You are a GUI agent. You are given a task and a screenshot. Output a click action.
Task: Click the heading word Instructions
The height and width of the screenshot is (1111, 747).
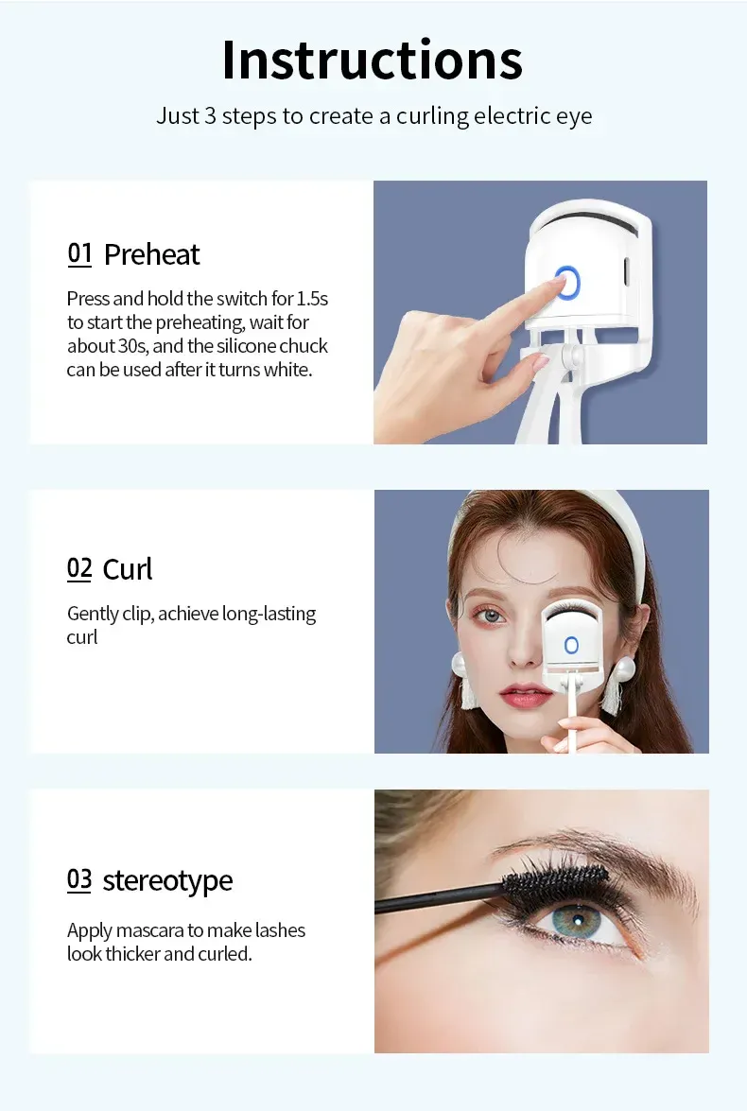click(373, 61)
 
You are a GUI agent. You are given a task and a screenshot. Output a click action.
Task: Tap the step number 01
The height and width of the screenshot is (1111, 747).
click(79, 253)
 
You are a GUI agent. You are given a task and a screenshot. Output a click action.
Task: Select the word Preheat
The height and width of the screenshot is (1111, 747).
click(151, 254)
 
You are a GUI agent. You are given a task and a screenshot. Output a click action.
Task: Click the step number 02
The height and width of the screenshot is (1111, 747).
click(79, 569)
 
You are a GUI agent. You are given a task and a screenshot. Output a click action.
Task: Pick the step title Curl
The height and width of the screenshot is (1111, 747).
click(128, 569)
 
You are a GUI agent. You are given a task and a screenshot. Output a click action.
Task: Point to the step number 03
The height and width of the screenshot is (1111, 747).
click(79, 880)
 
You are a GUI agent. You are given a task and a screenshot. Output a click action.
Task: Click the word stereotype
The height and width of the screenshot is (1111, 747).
click(168, 881)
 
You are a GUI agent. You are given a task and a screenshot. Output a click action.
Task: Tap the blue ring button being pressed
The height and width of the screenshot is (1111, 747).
click(567, 283)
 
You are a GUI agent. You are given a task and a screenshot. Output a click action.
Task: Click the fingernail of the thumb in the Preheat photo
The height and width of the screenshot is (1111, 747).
click(541, 363)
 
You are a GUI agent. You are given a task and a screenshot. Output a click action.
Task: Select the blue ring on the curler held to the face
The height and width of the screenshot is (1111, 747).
click(571, 645)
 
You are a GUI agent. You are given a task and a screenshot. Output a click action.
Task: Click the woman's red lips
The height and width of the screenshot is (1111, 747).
click(525, 695)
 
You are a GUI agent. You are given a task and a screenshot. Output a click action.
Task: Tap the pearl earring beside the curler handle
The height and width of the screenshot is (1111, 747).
click(626, 668)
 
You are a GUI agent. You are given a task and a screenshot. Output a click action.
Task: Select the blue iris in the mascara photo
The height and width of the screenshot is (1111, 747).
click(576, 920)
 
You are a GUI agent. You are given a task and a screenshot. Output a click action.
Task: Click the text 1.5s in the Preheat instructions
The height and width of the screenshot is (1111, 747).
click(312, 298)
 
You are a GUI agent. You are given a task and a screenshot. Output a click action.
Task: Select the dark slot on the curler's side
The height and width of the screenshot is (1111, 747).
click(626, 270)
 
